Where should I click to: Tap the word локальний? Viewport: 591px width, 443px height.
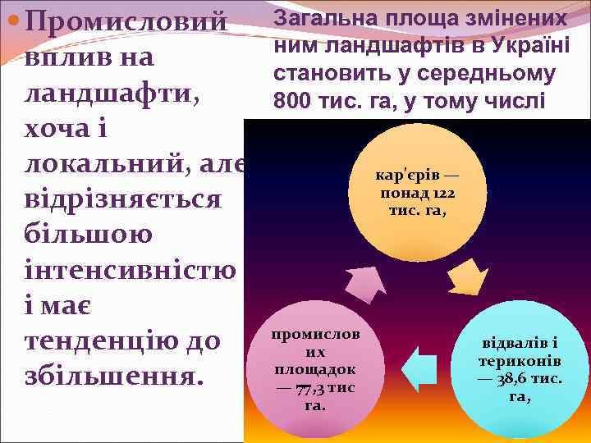point(103,166)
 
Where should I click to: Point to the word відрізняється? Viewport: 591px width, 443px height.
point(123,202)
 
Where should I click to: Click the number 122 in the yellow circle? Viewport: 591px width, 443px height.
point(442,194)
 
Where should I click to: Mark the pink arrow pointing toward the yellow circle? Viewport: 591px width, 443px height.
point(362,284)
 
